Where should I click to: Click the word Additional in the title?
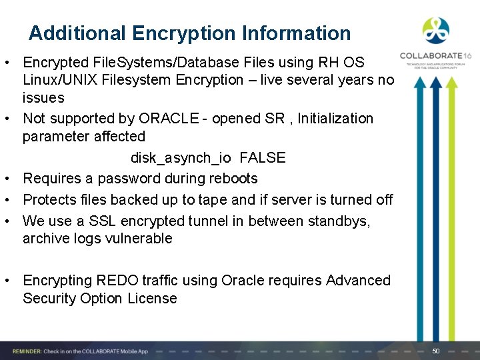[x=77, y=33]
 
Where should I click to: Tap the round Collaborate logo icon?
[x=436, y=31]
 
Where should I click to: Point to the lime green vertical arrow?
[x=452, y=207]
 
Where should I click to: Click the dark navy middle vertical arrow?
[x=435, y=207]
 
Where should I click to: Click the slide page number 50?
[x=436, y=351]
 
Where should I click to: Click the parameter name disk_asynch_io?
[x=181, y=158]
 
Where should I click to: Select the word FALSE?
[x=262, y=158]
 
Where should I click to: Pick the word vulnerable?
[x=138, y=239]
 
